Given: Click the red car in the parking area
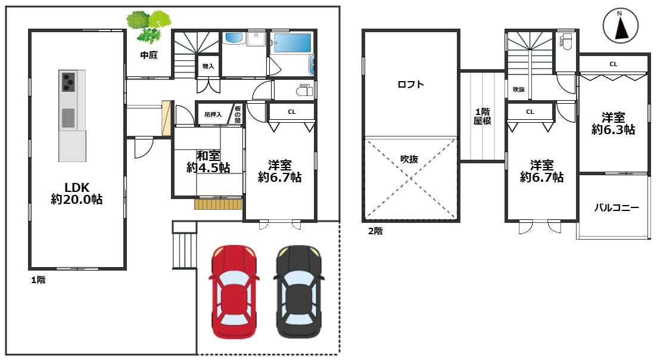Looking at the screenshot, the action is click(x=234, y=292).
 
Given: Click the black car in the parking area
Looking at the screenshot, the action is click(x=298, y=292).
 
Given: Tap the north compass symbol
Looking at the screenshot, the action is click(x=621, y=26).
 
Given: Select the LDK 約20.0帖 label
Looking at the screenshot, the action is click(x=77, y=193).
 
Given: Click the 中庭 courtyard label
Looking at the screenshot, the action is click(x=149, y=55).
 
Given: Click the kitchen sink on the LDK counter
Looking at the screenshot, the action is click(x=68, y=118).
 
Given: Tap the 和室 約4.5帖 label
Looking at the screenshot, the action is click(x=208, y=162).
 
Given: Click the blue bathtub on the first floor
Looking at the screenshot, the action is click(x=292, y=43).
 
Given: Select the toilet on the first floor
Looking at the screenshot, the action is click(x=304, y=91).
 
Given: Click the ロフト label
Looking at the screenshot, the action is click(x=410, y=84).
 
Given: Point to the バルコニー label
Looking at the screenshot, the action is click(x=616, y=207).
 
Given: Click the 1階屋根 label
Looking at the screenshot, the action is click(x=482, y=116).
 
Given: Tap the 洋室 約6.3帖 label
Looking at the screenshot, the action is click(x=614, y=123).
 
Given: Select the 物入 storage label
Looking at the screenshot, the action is click(x=208, y=66).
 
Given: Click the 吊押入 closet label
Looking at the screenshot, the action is click(x=213, y=114).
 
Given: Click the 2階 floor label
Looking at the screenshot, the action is click(x=375, y=231).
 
